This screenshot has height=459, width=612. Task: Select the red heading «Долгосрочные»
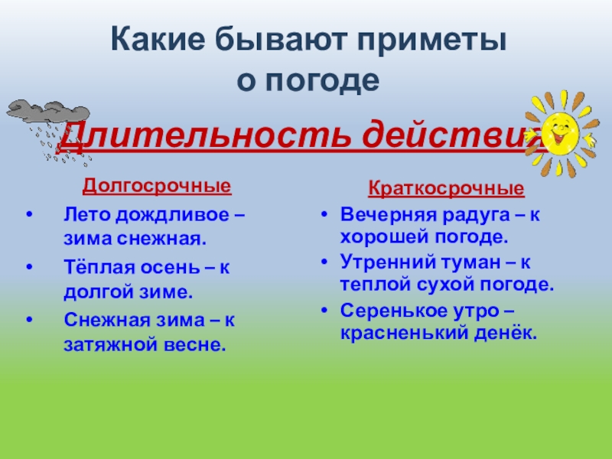[156, 186]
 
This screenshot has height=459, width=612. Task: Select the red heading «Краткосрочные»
[447, 188]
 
